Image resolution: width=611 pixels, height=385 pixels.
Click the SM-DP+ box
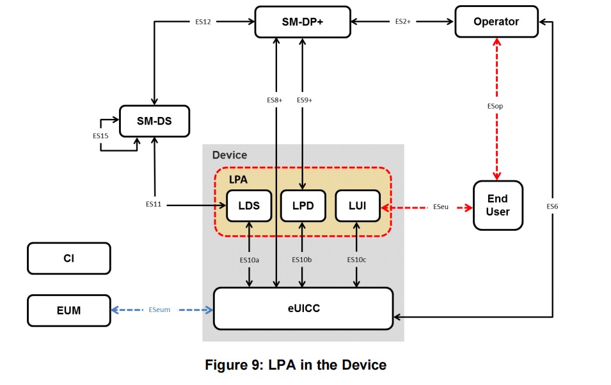pyautogui.click(x=303, y=22)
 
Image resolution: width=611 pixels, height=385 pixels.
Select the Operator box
pyautogui.click(x=496, y=22)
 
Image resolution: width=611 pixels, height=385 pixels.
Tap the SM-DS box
pyautogui.click(x=154, y=121)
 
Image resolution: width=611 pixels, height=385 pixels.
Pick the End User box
pyautogui.click(x=498, y=205)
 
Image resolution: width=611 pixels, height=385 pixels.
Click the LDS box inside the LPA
pyautogui.click(x=249, y=206)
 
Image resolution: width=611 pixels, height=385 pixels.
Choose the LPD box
pyautogui.click(x=303, y=206)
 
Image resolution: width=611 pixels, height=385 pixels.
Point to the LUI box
pyautogui.click(x=357, y=206)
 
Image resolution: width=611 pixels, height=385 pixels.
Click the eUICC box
pyautogui.click(x=303, y=308)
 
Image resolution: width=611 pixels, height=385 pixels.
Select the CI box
pyautogui.click(x=68, y=258)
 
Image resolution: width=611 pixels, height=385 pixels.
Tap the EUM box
pyautogui.click(x=68, y=310)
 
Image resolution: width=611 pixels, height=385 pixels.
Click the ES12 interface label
pyautogui.click(x=203, y=22)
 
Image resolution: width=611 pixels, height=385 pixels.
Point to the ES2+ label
pyautogui.click(x=402, y=22)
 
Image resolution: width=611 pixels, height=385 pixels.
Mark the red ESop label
pyautogui.click(x=495, y=106)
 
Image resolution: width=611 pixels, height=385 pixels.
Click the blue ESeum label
pyautogui.click(x=159, y=310)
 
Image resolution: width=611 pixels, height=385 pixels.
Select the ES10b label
pyautogui.click(x=302, y=260)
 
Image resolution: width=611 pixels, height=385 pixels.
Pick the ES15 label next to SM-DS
pyautogui.click(x=100, y=136)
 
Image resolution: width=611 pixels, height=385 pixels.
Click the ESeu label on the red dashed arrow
pyautogui.click(x=441, y=207)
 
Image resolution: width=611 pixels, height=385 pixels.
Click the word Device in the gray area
pyautogui.click(x=229, y=155)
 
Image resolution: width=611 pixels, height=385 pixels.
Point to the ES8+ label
pyautogui.click(x=275, y=100)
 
